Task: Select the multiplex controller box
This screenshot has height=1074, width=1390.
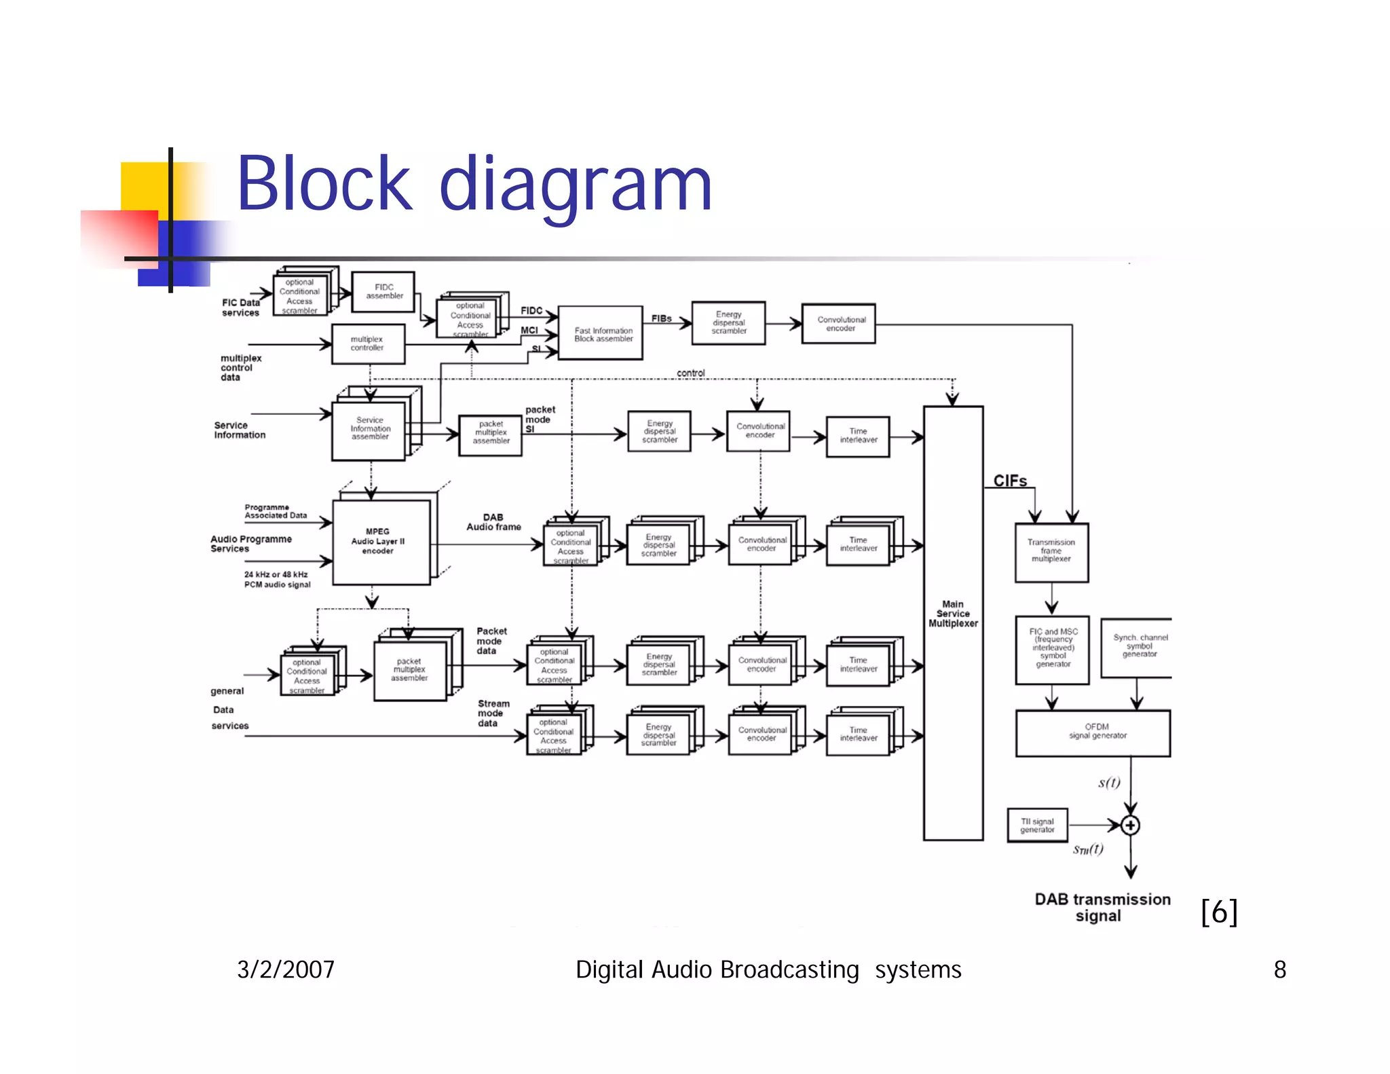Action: (368, 344)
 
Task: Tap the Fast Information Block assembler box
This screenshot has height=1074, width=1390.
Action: (601, 334)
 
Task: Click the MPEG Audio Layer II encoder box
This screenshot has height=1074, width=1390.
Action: (380, 542)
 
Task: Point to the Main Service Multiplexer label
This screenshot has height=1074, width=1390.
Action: (953, 614)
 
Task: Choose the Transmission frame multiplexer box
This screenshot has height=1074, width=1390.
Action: (1051, 552)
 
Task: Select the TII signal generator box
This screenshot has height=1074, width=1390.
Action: (1037, 825)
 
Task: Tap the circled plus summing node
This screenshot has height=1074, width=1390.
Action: (1130, 826)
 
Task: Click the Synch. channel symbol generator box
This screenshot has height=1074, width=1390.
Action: (1138, 647)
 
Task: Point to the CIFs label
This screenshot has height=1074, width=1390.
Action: (1010, 481)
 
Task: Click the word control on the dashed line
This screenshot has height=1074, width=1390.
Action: (690, 373)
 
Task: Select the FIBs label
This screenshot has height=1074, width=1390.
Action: (661, 318)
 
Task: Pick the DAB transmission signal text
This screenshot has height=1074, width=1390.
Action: (1102, 908)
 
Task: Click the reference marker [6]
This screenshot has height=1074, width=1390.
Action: (1219, 912)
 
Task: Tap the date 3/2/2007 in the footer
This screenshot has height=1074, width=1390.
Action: (285, 969)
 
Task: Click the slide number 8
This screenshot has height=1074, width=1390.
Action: (1279, 969)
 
